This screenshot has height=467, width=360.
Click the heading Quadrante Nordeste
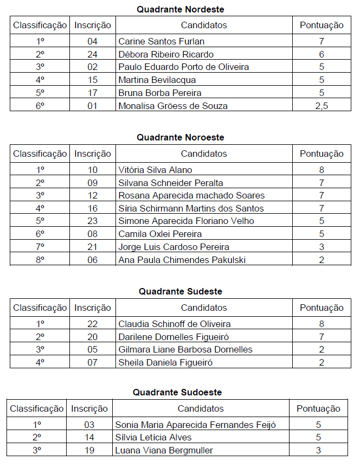tap(180, 9)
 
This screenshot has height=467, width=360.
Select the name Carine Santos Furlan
tap(162, 41)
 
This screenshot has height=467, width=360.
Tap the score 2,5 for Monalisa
tap(322, 106)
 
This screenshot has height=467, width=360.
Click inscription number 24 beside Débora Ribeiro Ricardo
tap(93, 54)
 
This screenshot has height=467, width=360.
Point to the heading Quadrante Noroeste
tap(180, 138)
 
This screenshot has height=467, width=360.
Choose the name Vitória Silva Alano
tap(155, 170)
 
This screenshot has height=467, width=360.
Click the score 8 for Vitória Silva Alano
tap(322, 170)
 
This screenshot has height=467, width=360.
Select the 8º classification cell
tap(40, 260)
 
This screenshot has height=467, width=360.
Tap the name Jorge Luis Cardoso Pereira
tap(173, 247)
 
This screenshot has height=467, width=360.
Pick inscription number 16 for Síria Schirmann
tap(93, 208)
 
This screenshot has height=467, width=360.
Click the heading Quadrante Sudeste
tap(180, 291)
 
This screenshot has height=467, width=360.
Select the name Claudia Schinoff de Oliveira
tap(175, 324)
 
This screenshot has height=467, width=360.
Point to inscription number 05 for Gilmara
tap(93, 349)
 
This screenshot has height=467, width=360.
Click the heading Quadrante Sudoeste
tap(177, 392)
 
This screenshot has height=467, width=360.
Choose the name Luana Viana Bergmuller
tap(164, 450)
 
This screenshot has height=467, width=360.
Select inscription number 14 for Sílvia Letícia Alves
tap(89, 437)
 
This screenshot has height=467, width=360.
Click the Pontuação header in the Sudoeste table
tap(318, 408)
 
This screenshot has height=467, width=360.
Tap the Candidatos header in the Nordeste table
tap(204, 25)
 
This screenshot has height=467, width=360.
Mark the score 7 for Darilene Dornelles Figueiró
tap(322, 337)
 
